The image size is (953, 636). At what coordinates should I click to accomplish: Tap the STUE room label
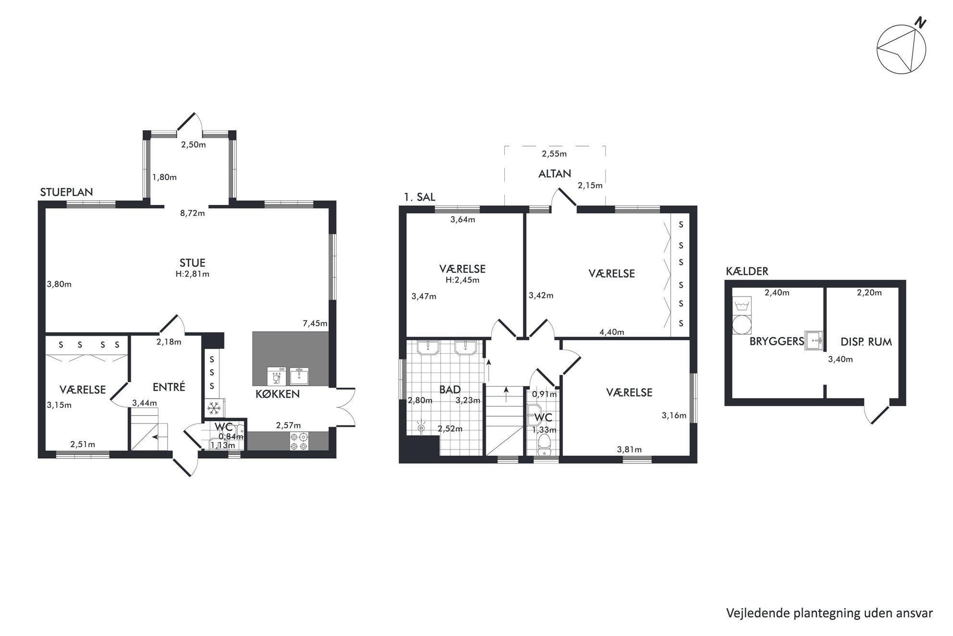(192, 263)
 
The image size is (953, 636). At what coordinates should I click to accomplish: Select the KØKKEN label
(277, 394)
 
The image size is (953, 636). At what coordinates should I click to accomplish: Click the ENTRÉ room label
(169, 387)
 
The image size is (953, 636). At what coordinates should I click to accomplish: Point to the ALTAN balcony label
(554, 174)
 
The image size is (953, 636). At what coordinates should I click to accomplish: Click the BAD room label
(450, 389)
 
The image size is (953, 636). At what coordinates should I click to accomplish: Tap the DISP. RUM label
(866, 342)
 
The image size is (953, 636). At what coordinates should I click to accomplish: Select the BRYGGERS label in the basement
(776, 341)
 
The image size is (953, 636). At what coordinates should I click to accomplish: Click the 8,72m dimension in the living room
(192, 213)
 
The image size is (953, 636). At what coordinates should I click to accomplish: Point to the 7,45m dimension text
(315, 323)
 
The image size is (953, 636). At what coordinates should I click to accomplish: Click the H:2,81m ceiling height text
(192, 274)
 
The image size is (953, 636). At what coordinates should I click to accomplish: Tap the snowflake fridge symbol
(213, 409)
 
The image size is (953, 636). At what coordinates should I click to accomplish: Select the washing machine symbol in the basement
(741, 324)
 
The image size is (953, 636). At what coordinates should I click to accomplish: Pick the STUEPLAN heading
(66, 192)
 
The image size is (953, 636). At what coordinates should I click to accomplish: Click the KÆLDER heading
(747, 271)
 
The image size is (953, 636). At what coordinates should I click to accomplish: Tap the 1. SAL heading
(419, 197)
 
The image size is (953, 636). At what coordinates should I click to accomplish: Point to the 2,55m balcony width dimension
(554, 154)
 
